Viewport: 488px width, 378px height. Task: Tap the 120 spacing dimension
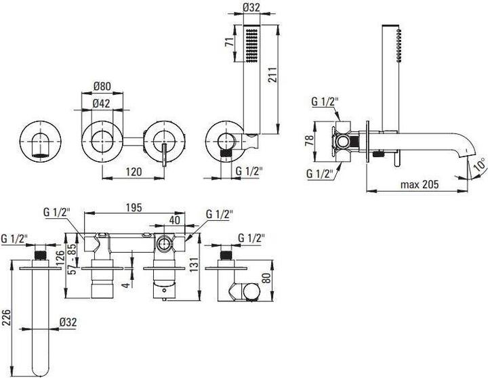point(134,172)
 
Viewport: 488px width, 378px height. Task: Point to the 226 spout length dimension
point(6,316)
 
